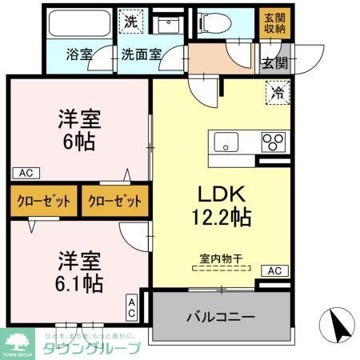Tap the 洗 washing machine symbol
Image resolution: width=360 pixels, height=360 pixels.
click(130, 22)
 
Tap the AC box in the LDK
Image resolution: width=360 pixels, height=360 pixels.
click(274, 270)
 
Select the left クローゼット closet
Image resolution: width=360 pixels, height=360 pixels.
click(43, 201)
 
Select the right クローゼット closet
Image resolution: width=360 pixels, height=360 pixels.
click(114, 201)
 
